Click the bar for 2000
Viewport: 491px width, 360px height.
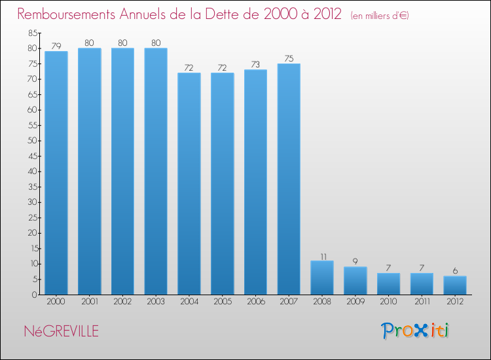click(x=56, y=173)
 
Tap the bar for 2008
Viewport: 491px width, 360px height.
click(x=322, y=278)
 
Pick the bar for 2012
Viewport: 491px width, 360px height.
click(x=455, y=285)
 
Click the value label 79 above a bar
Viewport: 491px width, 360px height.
click(x=56, y=46)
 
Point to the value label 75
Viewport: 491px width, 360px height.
click(x=289, y=58)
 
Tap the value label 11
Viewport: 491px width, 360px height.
click(x=322, y=255)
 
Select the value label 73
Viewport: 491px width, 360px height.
click(x=255, y=64)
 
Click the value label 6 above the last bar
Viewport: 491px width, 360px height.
click(x=455, y=270)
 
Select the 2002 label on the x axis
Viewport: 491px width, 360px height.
click(x=122, y=302)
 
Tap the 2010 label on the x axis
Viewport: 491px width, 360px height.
click(x=388, y=302)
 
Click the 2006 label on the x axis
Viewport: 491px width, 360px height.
click(x=255, y=302)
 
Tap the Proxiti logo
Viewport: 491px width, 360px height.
click(x=416, y=331)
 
